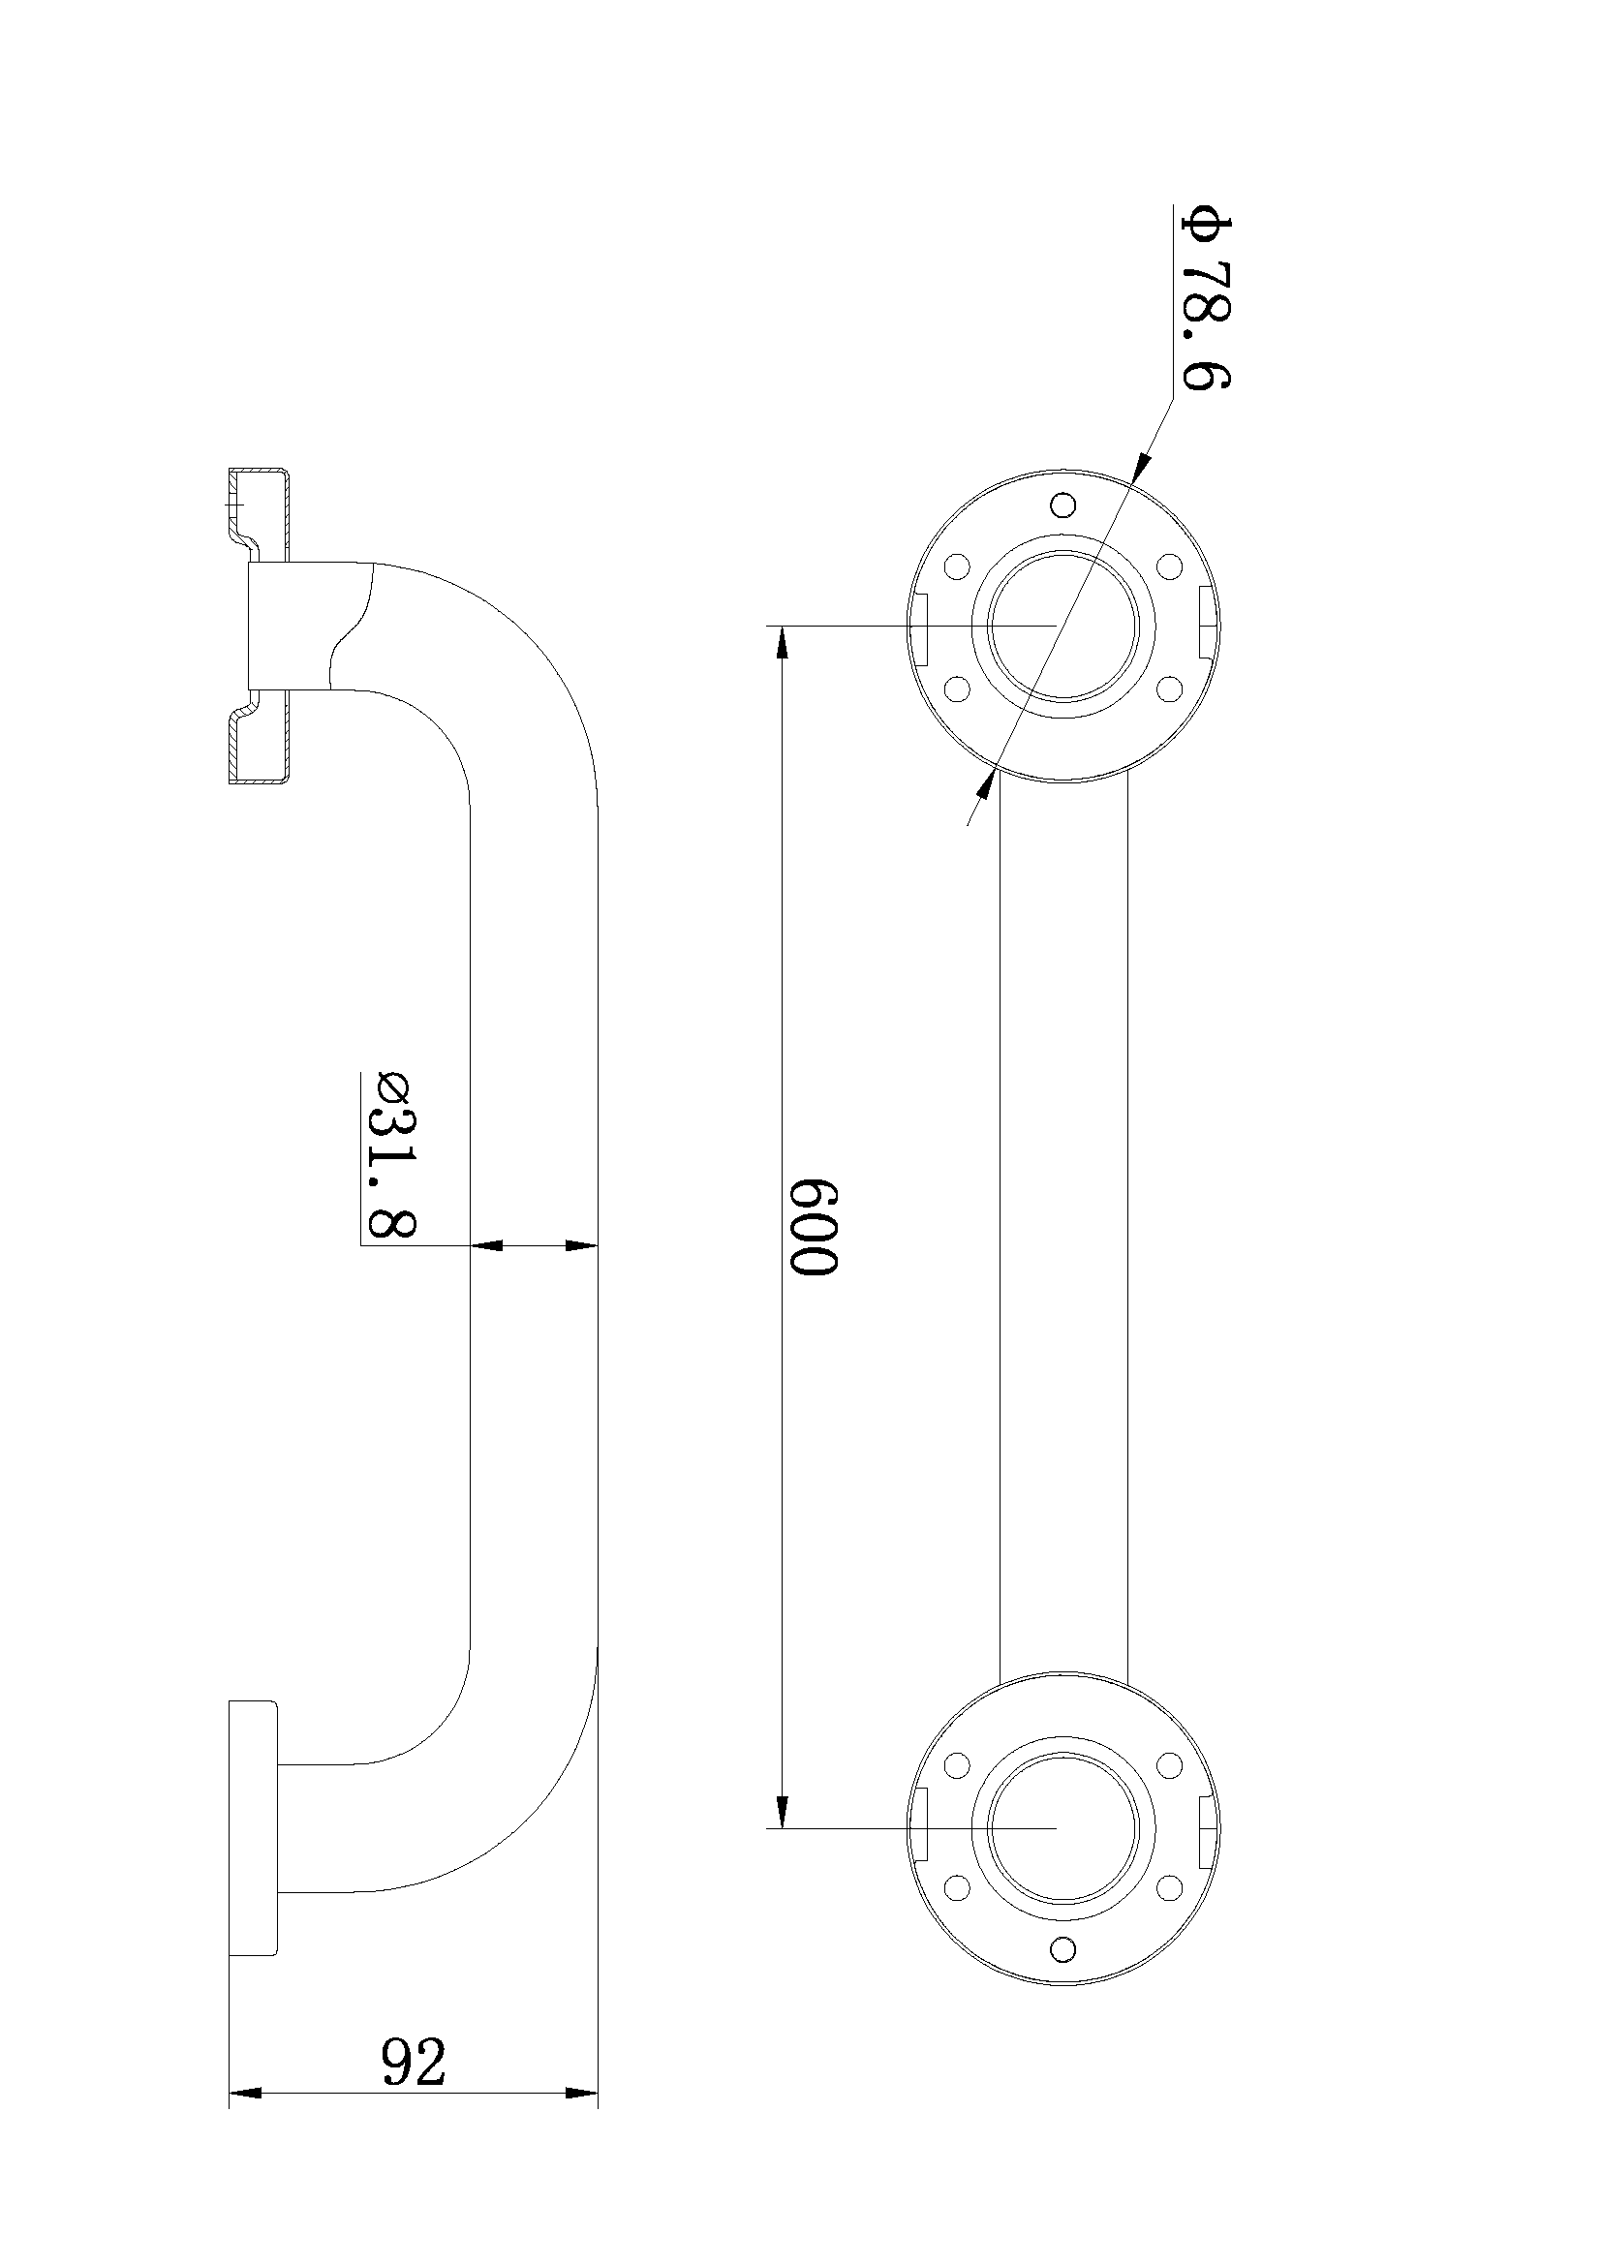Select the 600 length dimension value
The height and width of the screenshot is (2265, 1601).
click(x=815, y=1226)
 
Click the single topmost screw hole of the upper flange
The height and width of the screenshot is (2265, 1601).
click(x=1062, y=505)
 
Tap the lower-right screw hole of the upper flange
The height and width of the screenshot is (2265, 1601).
click(x=1169, y=688)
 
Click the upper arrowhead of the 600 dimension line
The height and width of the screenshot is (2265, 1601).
click(x=783, y=646)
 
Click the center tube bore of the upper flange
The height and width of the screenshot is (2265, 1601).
click(x=1062, y=627)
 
